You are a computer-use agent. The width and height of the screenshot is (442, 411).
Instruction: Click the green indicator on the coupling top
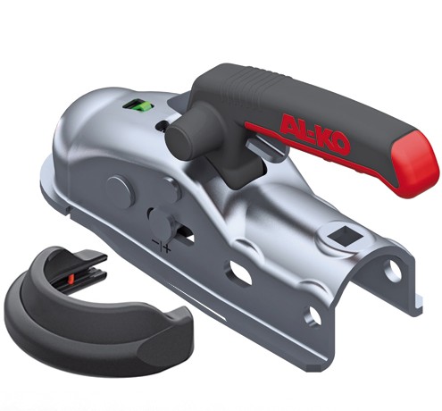(138, 106)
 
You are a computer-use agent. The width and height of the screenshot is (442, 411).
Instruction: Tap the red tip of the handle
(413, 163)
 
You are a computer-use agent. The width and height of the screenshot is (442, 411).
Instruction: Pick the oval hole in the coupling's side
(239, 274)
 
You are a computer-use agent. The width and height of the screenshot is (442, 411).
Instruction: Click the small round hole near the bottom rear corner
(313, 315)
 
